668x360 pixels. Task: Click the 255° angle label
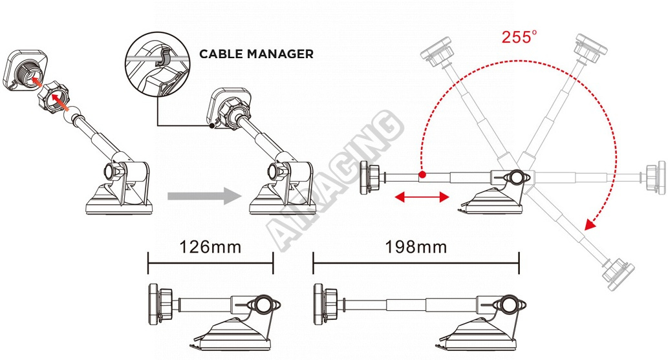[519, 37]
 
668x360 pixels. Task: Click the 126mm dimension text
[210, 247]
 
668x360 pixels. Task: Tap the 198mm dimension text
[416, 247]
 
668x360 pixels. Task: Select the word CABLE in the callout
[221, 54]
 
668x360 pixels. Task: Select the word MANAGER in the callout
[280, 54]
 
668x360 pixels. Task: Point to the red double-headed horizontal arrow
[422, 197]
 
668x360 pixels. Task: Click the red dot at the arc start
[422, 175]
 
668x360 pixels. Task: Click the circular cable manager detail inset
[157, 64]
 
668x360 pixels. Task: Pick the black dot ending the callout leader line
[211, 125]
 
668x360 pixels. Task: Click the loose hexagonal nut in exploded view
[53, 96]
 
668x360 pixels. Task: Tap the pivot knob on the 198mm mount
[507, 305]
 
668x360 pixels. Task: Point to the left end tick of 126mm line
[148, 263]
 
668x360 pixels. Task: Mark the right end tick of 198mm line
[519, 263]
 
